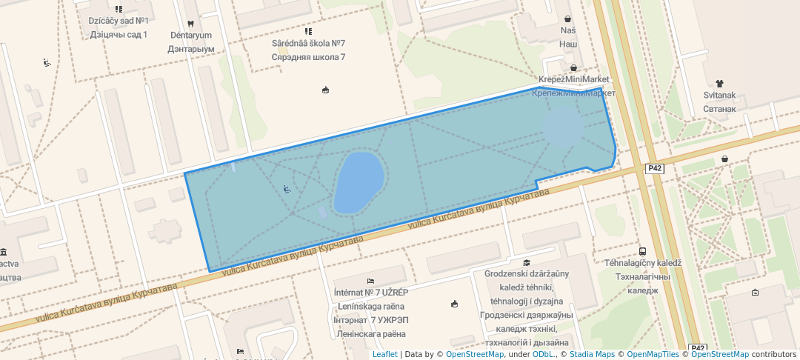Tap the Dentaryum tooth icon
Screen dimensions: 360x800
[191, 23]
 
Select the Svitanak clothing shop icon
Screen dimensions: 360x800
[719, 84]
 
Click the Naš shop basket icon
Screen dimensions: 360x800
[567, 19]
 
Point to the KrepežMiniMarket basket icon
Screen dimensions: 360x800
[573, 68]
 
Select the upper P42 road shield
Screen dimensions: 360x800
[654, 168]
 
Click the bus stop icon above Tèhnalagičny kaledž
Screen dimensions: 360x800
[642, 252]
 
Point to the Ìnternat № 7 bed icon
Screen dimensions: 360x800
[370, 281]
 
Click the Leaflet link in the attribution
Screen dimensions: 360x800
[384, 354]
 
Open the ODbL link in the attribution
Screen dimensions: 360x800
[543, 354]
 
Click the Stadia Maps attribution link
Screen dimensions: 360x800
[591, 354]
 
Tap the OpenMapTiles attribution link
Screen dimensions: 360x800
[650, 354]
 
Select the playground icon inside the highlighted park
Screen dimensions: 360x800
[287, 189]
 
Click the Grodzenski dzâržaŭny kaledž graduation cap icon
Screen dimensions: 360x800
[527, 262]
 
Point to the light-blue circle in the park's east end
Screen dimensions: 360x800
[564, 127]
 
